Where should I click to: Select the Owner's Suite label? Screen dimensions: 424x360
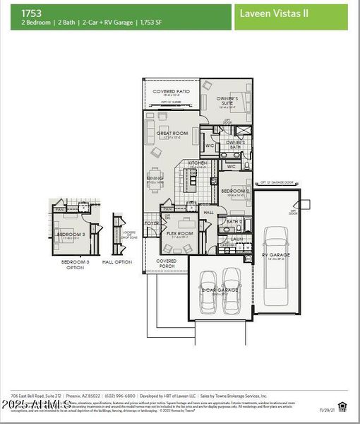[x=227, y=100]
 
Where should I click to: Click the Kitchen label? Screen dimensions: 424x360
[x=197, y=163]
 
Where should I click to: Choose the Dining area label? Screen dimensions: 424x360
[x=155, y=179]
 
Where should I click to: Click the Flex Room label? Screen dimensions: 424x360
[x=180, y=233]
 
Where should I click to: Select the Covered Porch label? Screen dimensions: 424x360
[x=167, y=263]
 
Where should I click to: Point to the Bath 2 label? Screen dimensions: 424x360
[x=234, y=221]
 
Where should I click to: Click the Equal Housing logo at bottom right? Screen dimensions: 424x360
[x=342, y=405]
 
